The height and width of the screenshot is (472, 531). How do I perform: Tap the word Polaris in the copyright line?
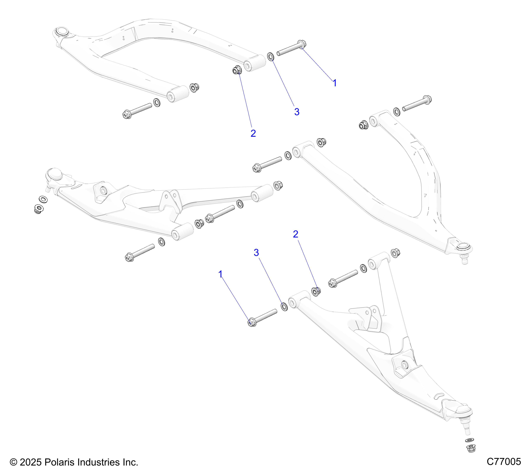59,462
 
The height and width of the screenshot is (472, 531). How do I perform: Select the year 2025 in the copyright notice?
30,462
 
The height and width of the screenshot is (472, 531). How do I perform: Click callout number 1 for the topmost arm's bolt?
335,83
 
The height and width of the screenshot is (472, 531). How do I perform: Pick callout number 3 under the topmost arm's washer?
297,112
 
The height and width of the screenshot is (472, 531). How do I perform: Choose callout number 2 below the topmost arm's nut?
253,133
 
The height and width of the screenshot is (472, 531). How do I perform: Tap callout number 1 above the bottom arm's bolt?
221,274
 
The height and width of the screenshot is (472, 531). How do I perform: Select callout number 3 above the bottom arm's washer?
256,253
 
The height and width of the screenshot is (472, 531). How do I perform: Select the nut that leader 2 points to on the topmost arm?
237,70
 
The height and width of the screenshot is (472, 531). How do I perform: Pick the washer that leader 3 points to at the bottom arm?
284,307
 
